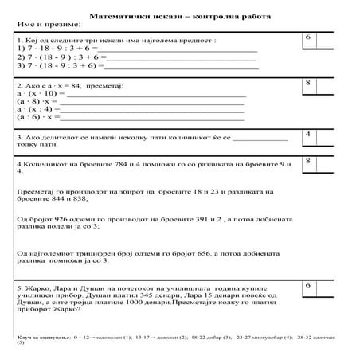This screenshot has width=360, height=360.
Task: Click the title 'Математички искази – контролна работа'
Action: (x=179, y=15)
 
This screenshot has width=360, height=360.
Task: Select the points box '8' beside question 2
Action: (x=307, y=84)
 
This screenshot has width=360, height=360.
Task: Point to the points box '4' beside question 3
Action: (x=307, y=135)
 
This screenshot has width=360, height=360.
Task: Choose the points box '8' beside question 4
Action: (x=307, y=162)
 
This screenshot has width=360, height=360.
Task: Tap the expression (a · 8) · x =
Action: (x=38, y=103)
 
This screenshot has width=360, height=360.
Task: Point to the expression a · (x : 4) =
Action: (x=38, y=111)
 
